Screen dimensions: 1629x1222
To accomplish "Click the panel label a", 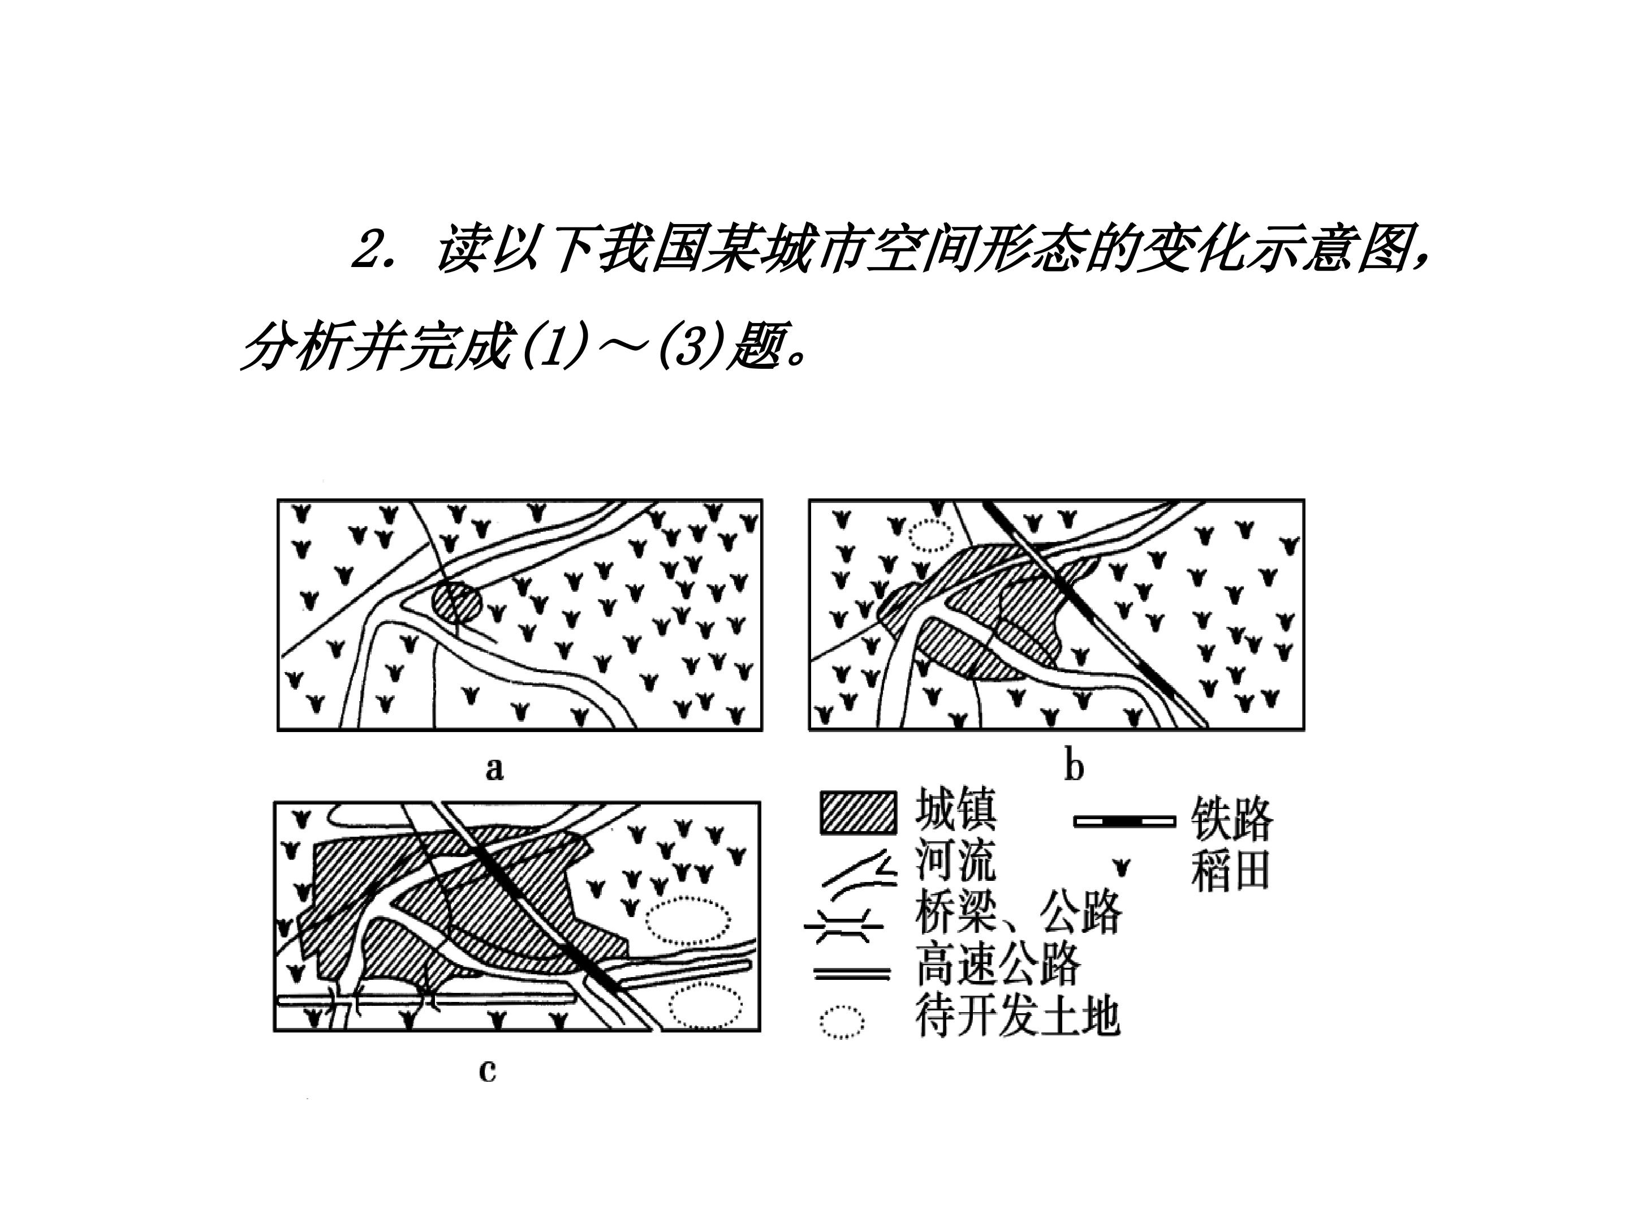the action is (x=494, y=769).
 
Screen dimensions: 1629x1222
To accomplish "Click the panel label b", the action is (x=1075, y=767).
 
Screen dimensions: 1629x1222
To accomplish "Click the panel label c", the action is (x=488, y=1070).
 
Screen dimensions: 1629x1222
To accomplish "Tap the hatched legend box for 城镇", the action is (x=859, y=813).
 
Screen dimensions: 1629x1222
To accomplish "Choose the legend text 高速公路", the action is (x=998, y=964).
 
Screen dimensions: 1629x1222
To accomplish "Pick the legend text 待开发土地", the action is (x=1018, y=1016).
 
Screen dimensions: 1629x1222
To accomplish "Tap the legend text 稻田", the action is (x=1231, y=871).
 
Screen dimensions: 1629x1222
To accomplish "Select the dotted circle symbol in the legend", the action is (x=842, y=1022).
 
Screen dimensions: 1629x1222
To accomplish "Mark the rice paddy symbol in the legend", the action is (x=1122, y=868).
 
